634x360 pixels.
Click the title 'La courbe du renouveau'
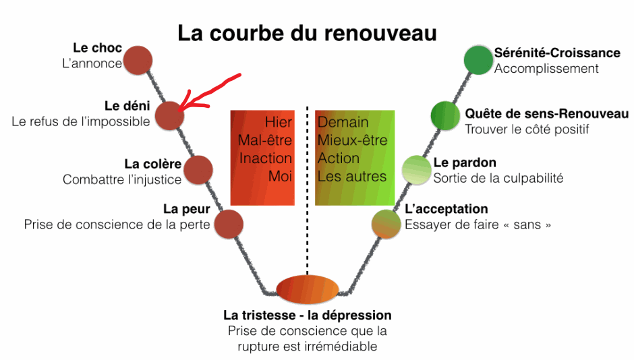click(307, 33)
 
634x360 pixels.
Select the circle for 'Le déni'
click(169, 115)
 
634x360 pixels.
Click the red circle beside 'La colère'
click(198, 170)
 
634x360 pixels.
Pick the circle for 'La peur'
click(228, 224)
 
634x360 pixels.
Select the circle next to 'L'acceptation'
click(386, 224)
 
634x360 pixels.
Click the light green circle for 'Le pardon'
click(416, 170)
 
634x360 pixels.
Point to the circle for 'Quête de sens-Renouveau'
click(445, 115)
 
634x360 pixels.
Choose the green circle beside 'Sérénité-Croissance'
click(478, 59)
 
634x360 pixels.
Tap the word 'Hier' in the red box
click(279, 123)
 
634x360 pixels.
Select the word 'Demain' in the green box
click(343, 123)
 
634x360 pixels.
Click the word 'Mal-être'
click(265, 141)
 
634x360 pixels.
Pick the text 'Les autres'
click(352, 177)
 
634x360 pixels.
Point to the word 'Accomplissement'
click(546, 68)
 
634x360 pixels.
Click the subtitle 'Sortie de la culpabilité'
click(498, 179)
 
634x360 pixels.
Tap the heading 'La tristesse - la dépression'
click(308, 316)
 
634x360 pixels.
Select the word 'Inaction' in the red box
click(266, 158)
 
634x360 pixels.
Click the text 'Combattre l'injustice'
click(122, 179)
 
